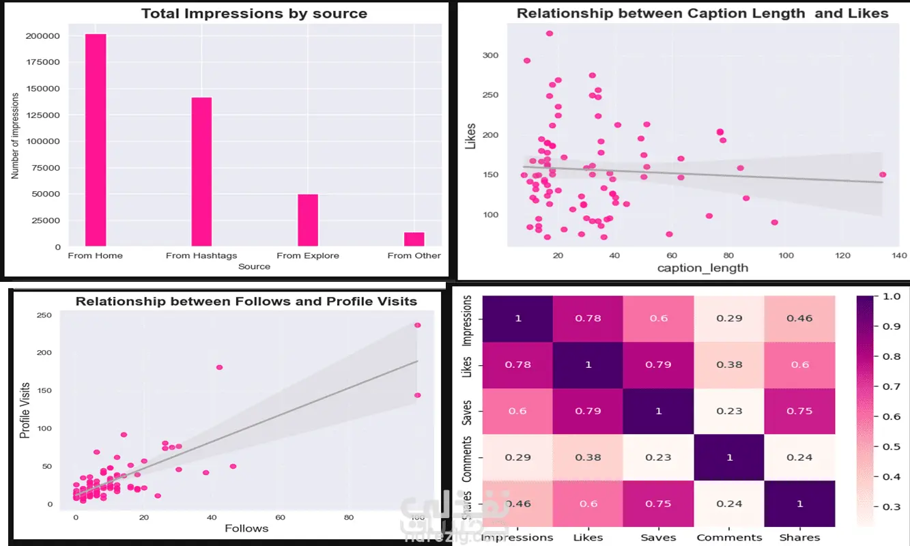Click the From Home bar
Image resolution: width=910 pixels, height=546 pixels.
coord(96,139)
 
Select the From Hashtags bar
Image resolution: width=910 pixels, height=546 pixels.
coord(201,171)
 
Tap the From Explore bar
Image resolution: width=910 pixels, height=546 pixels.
coord(308,220)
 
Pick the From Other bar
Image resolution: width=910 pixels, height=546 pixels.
coord(414,239)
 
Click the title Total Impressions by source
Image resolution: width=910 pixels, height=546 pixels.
coord(254,14)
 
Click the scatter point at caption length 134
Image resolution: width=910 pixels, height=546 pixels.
coord(883,175)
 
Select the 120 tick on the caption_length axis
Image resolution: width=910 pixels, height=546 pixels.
coord(842,255)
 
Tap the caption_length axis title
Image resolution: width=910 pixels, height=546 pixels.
coord(702,268)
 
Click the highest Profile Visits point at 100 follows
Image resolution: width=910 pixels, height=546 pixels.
coord(417,325)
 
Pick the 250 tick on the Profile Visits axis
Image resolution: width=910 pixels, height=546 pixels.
coord(44,315)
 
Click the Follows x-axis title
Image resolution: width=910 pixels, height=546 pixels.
coord(246,528)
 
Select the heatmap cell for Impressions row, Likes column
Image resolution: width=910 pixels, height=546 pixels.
coord(588,318)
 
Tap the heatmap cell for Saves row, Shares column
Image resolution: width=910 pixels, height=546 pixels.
coord(799,411)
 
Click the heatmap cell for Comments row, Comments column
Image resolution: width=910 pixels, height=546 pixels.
coord(729,457)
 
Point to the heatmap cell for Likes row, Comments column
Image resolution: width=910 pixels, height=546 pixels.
coord(729,364)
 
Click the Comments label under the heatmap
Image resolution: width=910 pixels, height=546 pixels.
coord(729,538)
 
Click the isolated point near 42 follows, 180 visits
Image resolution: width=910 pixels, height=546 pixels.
coord(219,367)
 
